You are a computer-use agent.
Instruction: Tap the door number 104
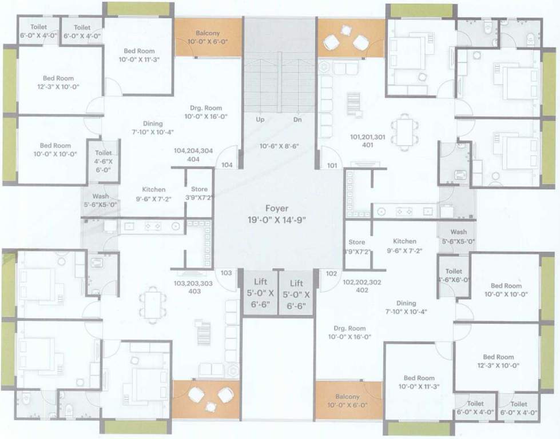point(227,165)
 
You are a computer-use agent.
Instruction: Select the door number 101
point(332,166)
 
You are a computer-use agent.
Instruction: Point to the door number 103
point(227,273)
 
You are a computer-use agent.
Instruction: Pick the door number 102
point(331,273)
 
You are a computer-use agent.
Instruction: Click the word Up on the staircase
point(260,120)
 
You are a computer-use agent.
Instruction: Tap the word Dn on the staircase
point(297,120)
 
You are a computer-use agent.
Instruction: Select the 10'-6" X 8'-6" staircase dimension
point(280,146)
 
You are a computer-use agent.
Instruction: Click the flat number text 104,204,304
point(193,150)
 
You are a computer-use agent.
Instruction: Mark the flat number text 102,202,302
point(362,282)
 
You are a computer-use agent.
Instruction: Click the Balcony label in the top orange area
point(208,33)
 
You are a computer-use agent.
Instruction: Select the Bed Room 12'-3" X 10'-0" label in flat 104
point(58,78)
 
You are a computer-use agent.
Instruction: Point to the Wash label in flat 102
point(458,232)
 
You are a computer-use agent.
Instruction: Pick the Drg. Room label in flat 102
point(349,328)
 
